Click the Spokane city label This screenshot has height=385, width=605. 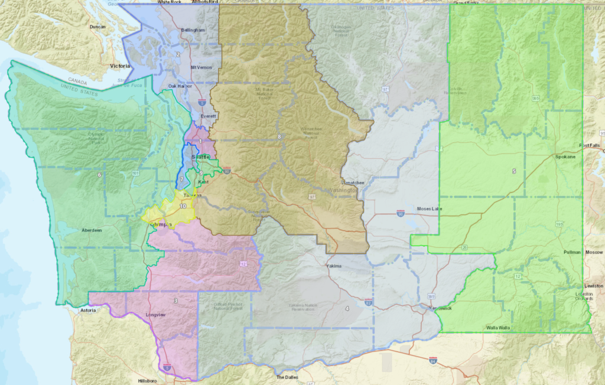[566, 157]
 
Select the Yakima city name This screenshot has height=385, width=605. [334, 266]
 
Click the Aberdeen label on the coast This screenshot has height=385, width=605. [93, 230]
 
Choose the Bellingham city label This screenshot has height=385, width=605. [193, 30]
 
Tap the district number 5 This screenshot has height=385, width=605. [513, 171]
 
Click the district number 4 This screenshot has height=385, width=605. [347, 308]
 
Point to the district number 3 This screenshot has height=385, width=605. [175, 301]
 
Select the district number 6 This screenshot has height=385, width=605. [99, 175]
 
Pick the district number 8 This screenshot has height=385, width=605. [279, 137]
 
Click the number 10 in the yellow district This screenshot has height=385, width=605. [183, 206]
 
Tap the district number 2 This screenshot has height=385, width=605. [178, 54]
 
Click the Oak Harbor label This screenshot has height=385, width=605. [180, 86]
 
